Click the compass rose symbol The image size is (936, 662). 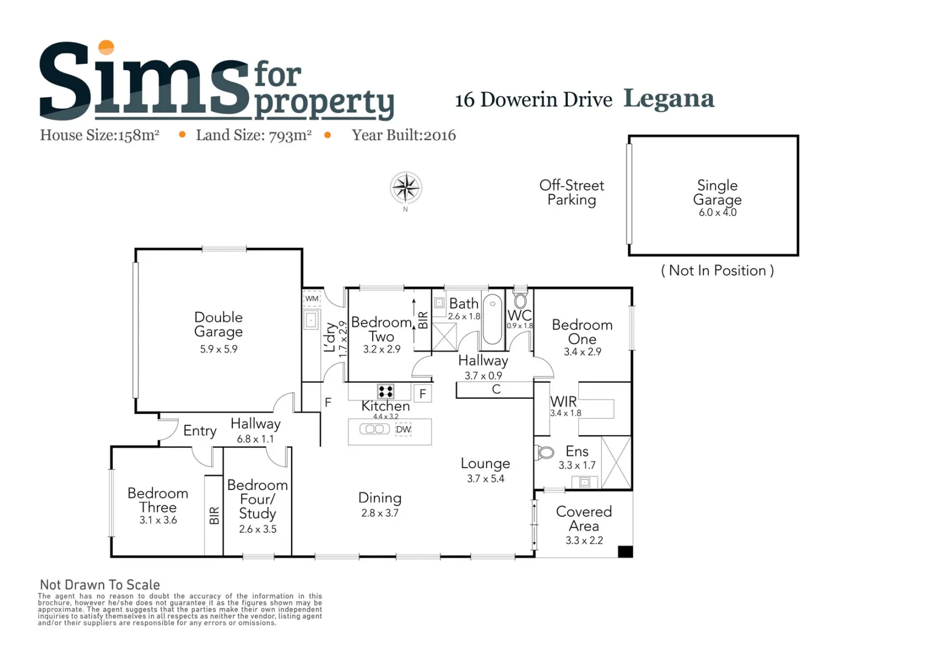[x=406, y=187]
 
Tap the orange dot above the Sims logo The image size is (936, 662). [x=106, y=47]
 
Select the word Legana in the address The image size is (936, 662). [x=668, y=99]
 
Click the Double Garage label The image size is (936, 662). [x=218, y=324]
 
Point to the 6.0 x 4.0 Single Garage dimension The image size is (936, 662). [x=717, y=212]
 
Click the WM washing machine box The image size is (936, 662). [x=312, y=299]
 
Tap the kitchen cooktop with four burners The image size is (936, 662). [x=385, y=391]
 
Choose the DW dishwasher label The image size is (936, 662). [x=403, y=429]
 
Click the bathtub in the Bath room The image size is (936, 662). [x=492, y=319]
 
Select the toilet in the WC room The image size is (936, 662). [x=520, y=300]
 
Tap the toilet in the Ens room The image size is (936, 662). [x=545, y=452]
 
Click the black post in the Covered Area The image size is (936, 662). [x=625, y=551]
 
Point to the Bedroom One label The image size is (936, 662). [x=582, y=332]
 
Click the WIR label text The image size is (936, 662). [x=563, y=402]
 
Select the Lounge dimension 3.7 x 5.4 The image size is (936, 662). [x=486, y=479]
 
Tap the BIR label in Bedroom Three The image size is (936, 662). [x=214, y=516]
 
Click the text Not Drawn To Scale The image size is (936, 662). [x=100, y=585]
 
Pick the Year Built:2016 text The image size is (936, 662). [x=404, y=135]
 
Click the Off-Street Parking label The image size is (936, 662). [x=572, y=193]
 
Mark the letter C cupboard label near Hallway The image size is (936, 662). [x=496, y=389]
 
